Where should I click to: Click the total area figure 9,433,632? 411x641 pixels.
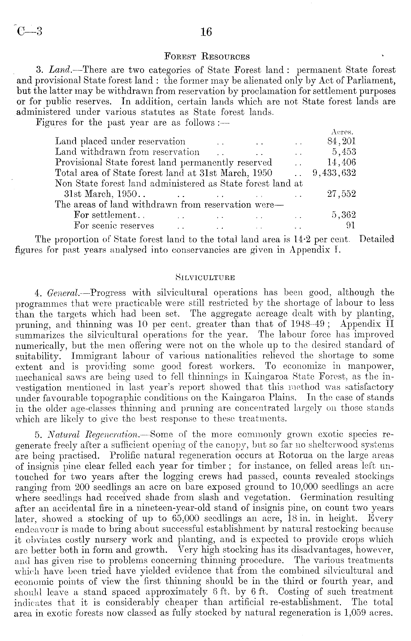click(334, 173)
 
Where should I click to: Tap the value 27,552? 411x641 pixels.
click(342, 194)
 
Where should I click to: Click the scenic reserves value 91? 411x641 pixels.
click(351, 226)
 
